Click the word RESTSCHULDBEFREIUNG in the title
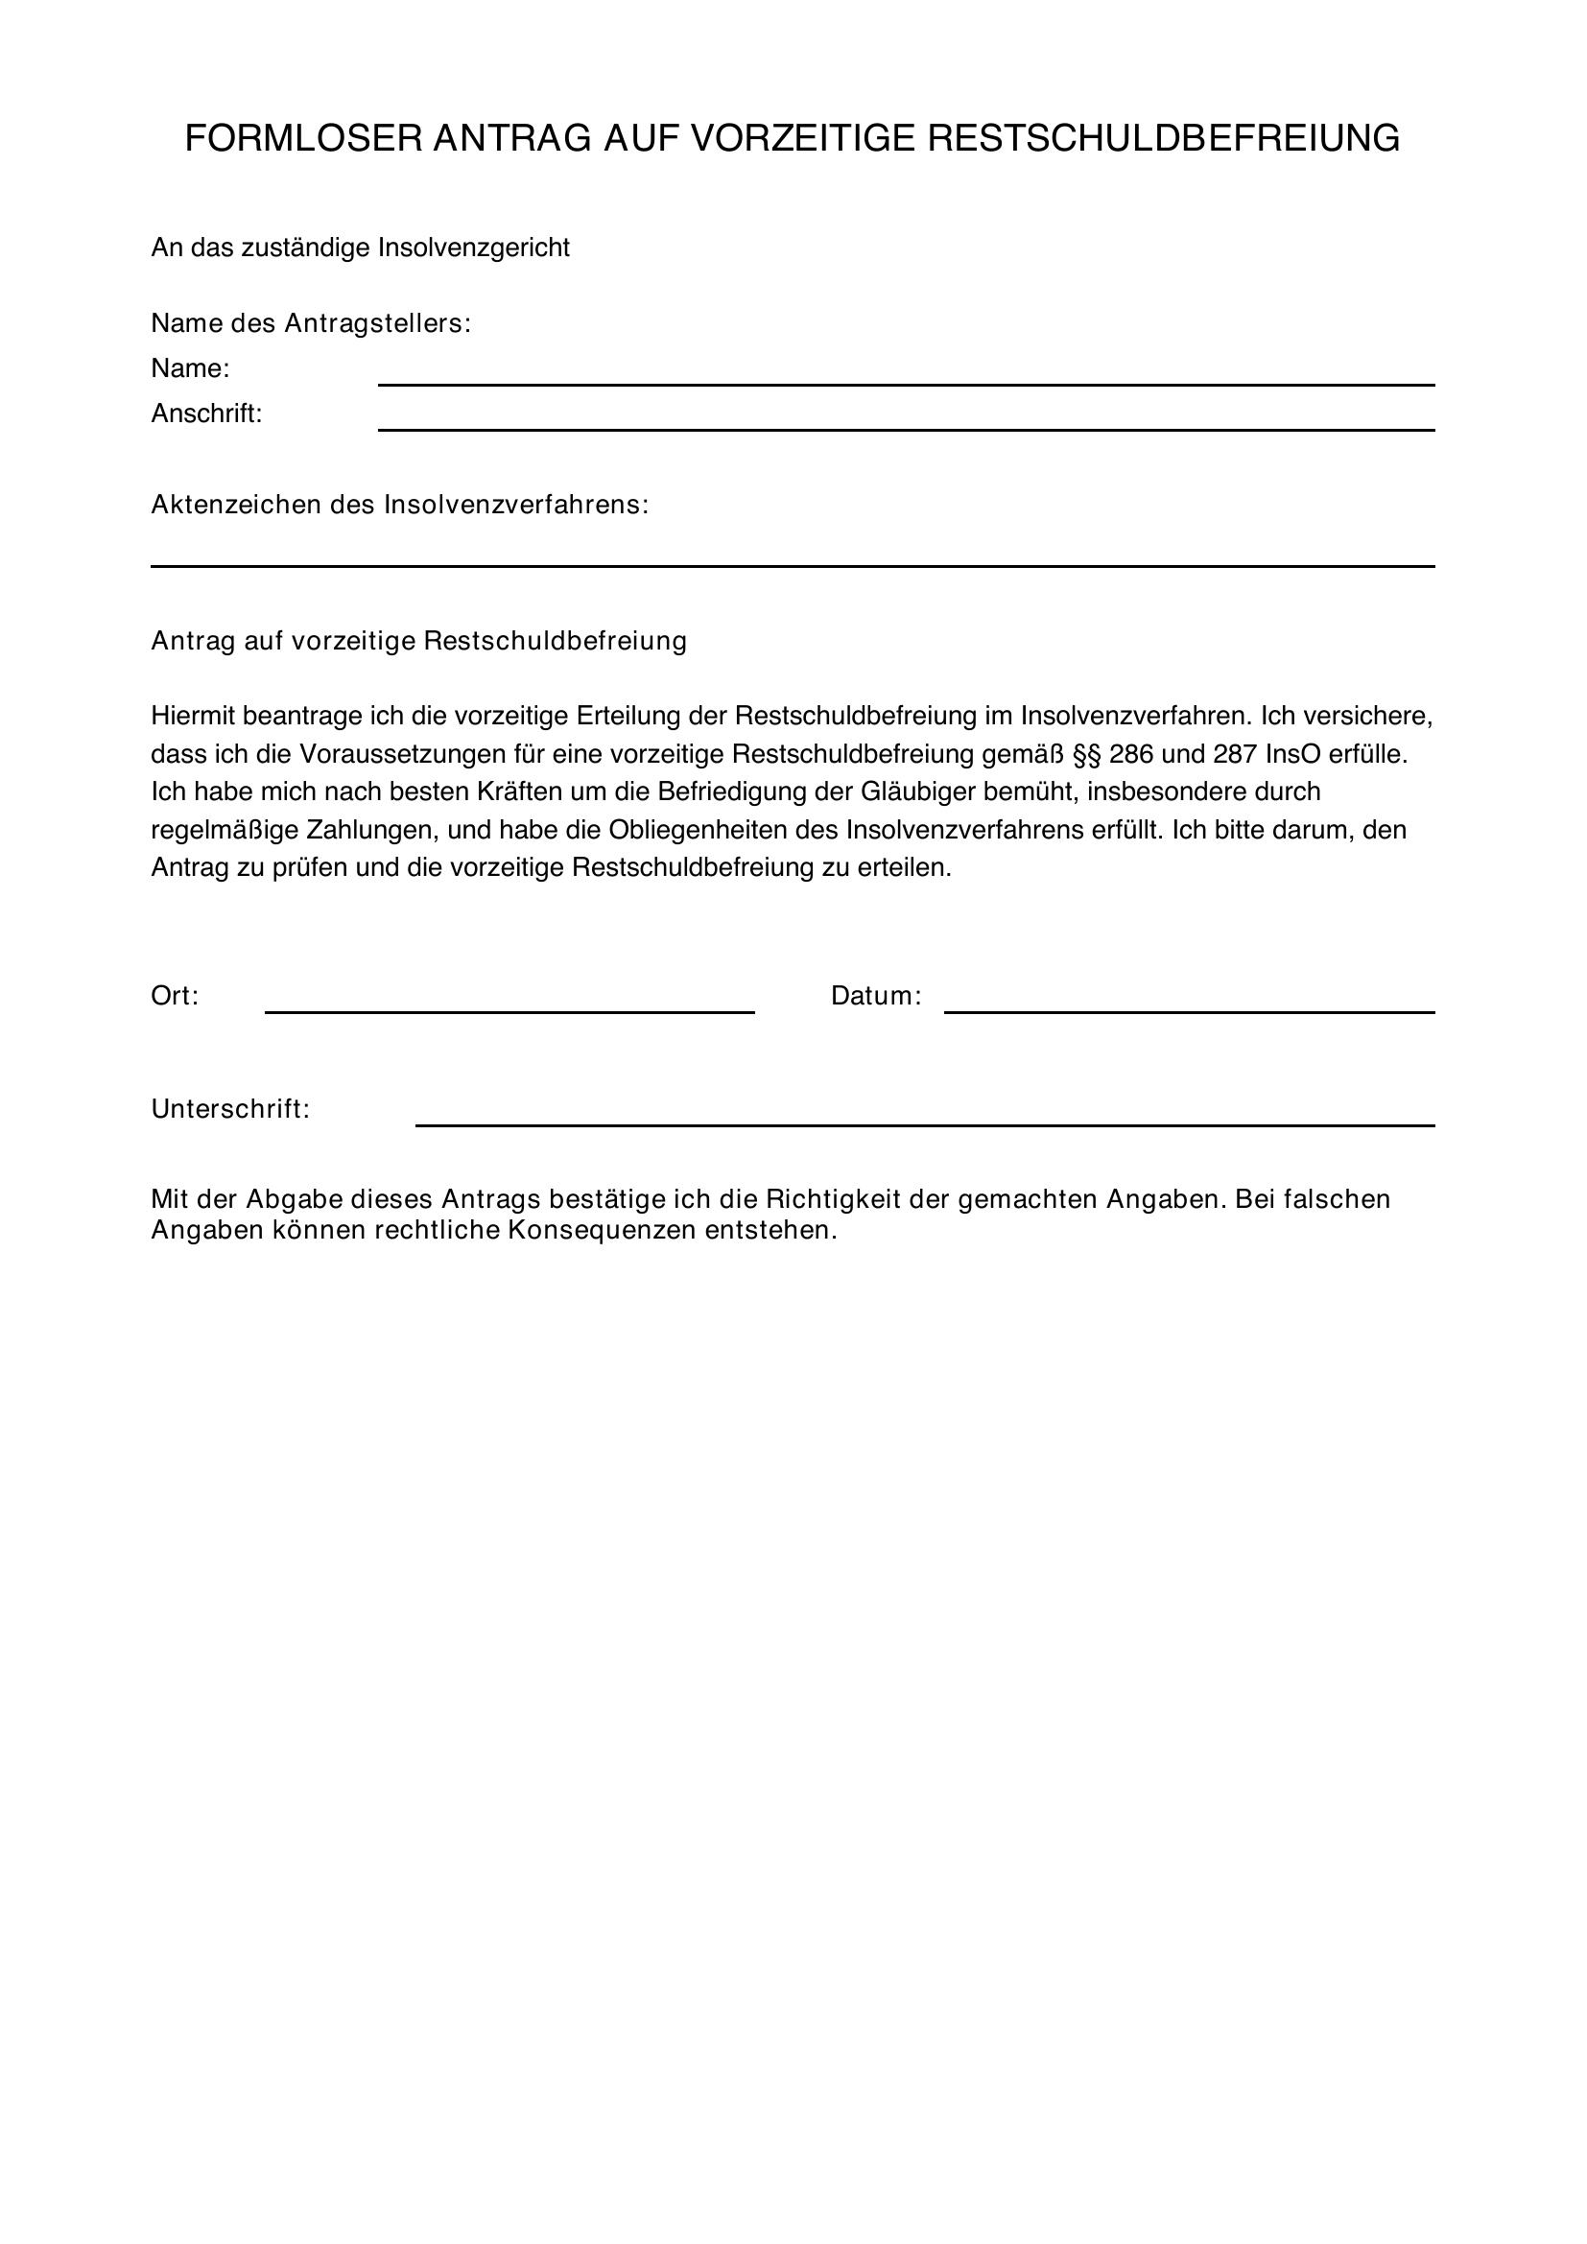(1163, 139)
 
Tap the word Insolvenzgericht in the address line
(474, 248)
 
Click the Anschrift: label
(206, 414)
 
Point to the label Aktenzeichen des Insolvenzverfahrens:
(400, 506)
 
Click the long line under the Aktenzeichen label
(792, 565)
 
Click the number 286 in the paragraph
(1130, 754)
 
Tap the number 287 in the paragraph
(1235, 754)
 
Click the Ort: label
(175, 996)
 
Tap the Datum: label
(876, 996)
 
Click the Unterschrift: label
(229, 1109)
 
